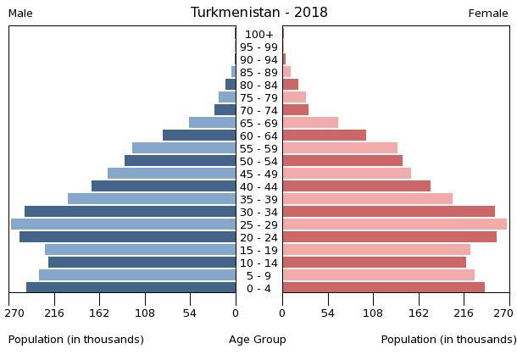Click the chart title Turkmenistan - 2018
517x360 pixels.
point(258,13)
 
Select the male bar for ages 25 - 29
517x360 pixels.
point(123,224)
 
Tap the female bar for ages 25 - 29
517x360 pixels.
point(394,224)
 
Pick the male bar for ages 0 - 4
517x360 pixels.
point(131,288)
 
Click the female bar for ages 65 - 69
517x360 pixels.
point(310,123)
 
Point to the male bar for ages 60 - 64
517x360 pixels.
point(199,136)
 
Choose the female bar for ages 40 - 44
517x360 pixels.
point(356,186)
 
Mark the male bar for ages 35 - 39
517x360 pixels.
point(152,199)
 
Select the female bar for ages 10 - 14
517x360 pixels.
point(374,263)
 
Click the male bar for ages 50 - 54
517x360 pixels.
point(180,161)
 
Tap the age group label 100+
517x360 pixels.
point(258,35)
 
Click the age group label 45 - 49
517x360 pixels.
point(258,174)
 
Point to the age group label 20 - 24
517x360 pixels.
point(258,238)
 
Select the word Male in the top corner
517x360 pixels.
point(20,14)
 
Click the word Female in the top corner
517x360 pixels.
point(488,14)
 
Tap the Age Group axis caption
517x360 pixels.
point(258,340)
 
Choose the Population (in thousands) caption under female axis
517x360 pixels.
point(448,340)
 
